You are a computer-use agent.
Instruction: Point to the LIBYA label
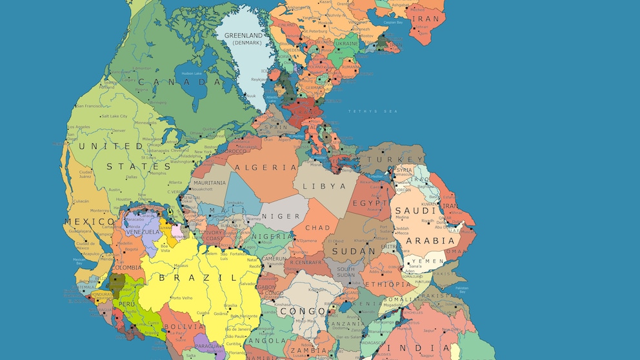coord(328,186)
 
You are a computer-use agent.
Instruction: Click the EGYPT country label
coord(370,203)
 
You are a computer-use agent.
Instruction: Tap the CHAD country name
coord(317,228)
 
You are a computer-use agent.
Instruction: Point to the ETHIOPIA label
coord(388,285)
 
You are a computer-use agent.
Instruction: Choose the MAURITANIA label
coord(209,183)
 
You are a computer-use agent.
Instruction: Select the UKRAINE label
coord(346,43)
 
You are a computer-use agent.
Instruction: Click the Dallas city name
coord(132,176)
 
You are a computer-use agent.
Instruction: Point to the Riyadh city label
coord(427,221)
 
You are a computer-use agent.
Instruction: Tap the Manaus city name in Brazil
coord(181,265)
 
